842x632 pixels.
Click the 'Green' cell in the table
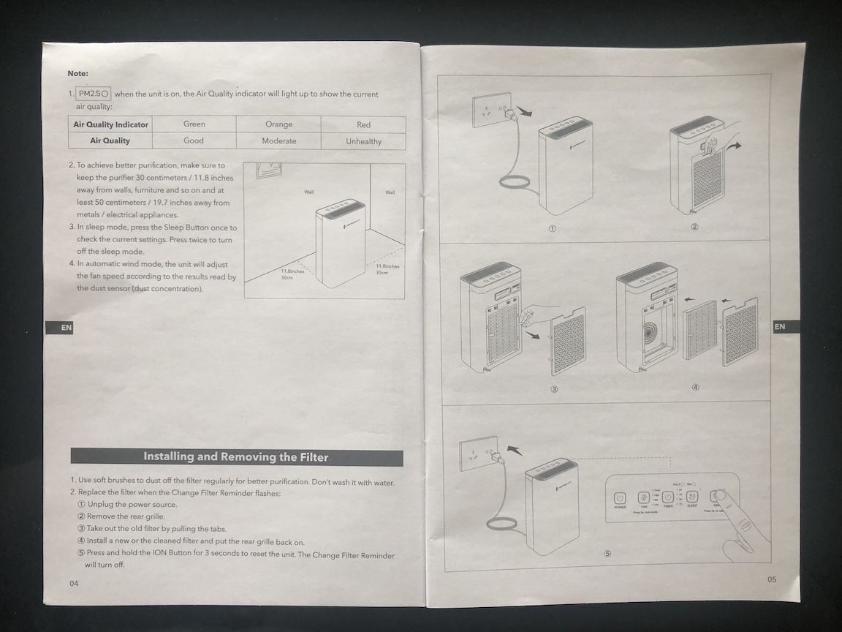coord(194,124)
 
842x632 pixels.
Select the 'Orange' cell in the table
coord(278,125)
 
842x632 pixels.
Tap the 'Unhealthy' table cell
coord(363,141)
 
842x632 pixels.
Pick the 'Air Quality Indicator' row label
coord(110,124)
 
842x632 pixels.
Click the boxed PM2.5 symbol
coord(94,94)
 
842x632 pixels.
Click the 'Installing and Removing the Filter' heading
coord(236,457)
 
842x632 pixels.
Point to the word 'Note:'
coord(77,73)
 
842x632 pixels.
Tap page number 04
coord(73,583)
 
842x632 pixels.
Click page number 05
coord(772,579)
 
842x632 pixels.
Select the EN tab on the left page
coord(66,328)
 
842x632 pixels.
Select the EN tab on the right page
coord(779,326)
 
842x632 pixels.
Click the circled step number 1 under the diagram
coord(553,228)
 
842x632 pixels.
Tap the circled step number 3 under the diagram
coord(554,389)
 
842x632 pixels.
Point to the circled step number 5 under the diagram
coord(607,554)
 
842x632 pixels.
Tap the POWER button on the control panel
coord(620,497)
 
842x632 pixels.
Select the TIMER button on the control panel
coord(668,497)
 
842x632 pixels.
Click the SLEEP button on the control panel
coord(692,497)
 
